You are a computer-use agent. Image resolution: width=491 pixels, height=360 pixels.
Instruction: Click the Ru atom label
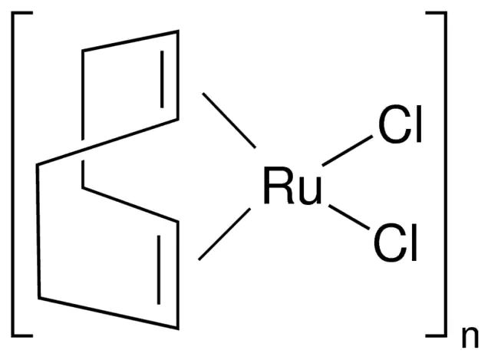[x=293, y=186]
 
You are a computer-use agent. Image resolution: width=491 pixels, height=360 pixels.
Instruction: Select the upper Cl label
[x=400, y=124]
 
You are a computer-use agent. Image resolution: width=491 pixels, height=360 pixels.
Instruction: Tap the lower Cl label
[x=395, y=243]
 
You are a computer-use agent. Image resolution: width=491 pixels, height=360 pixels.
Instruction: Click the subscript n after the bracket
[x=470, y=338]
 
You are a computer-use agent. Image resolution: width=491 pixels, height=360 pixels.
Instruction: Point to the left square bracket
[x=12, y=174]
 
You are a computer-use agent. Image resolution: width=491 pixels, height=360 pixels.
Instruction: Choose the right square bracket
[x=445, y=174]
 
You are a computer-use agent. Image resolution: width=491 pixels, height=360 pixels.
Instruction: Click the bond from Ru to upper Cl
[x=348, y=150]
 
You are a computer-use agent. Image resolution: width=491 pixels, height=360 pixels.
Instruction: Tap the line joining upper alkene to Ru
[x=229, y=120]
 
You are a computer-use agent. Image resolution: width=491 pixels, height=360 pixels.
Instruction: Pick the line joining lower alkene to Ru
[x=225, y=234]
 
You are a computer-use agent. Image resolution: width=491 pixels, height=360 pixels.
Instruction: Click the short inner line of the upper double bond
[x=162, y=79]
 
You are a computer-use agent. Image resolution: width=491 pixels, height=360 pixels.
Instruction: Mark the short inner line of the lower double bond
[x=159, y=269]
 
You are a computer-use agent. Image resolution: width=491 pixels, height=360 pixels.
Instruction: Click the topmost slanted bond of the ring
[x=130, y=41]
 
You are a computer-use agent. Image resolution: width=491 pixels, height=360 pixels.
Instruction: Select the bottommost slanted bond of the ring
[x=108, y=313]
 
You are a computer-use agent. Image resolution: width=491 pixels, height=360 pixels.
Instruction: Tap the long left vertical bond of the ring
[x=38, y=231]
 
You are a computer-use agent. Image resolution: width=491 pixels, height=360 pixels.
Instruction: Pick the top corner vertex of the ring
[x=178, y=31]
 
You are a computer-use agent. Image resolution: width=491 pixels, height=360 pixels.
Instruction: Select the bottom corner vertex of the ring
[x=178, y=328]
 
